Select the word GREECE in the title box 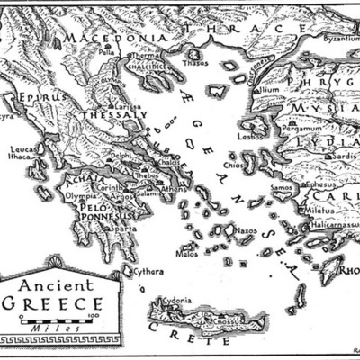click(x=51, y=302)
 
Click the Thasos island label click(x=195, y=64)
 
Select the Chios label click(x=234, y=166)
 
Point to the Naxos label click(x=247, y=230)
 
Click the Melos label click(x=187, y=254)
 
